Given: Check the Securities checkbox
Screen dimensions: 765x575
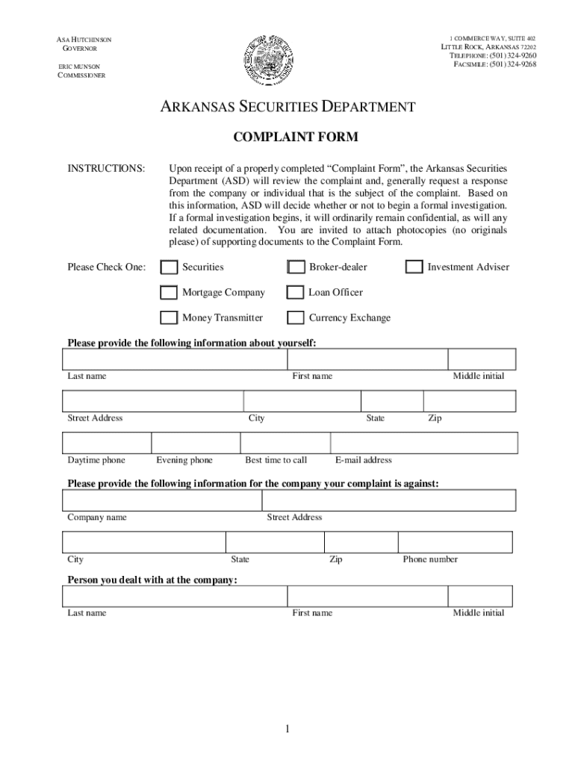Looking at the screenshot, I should pyautogui.click(x=169, y=267).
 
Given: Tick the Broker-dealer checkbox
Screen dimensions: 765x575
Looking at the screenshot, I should pyautogui.click(x=296, y=267).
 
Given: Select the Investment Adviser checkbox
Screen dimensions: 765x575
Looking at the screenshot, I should pyautogui.click(x=414, y=267).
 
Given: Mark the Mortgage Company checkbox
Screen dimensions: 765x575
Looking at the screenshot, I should pyautogui.click(x=169, y=293).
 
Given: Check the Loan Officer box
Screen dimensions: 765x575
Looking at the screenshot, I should pyautogui.click(x=296, y=293).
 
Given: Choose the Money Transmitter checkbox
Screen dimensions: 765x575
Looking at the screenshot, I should pyautogui.click(x=169, y=318).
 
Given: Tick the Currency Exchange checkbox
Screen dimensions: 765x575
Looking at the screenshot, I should pyautogui.click(x=296, y=318).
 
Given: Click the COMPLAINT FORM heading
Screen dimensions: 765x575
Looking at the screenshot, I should pyautogui.click(x=285, y=137).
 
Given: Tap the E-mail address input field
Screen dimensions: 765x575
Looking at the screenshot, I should pyautogui.click(x=423, y=443).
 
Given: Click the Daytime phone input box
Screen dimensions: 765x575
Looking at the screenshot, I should pyautogui.click(x=108, y=443).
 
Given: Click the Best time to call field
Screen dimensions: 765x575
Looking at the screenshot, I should pyautogui.click(x=284, y=443).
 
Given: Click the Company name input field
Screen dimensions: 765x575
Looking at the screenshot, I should pyautogui.click(x=162, y=500).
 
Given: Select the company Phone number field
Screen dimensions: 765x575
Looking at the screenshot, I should pyautogui.click(x=455, y=542).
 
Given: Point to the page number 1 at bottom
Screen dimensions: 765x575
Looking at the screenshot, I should pyautogui.click(x=286, y=729).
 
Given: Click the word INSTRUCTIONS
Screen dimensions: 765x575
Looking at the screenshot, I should pyautogui.click(x=106, y=169).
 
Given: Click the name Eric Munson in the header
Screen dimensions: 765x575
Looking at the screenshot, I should pyautogui.click(x=79, y=66).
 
